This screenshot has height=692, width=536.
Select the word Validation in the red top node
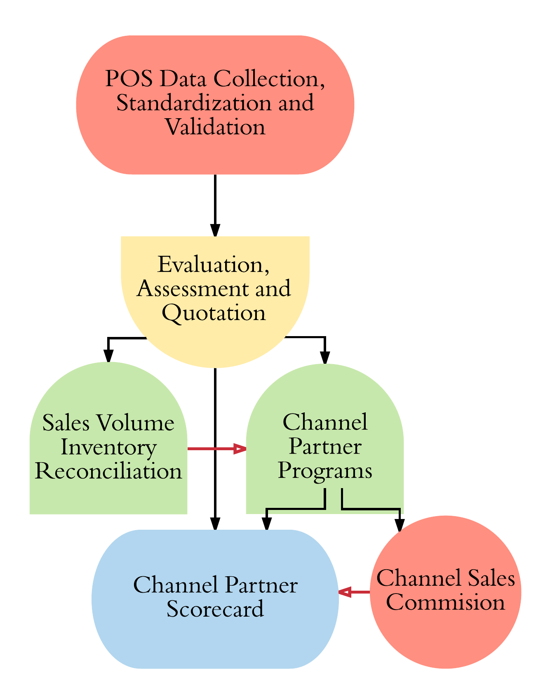(215, 127)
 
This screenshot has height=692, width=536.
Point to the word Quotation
(214, 313)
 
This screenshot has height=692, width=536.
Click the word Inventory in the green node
(108, 447)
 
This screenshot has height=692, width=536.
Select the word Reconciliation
(108, 471)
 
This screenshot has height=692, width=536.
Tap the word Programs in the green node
(325, 470)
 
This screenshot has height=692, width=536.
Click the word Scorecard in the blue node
(215, 609)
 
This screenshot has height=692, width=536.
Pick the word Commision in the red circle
(445, 603)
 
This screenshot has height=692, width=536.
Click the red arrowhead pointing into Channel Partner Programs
(240, 449)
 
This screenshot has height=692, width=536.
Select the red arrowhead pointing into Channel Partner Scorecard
(344, 592)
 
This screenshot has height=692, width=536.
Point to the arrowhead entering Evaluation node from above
(215, 230)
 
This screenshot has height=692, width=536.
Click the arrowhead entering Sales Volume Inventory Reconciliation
(108, 355)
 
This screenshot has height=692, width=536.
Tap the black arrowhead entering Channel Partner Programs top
(325, 358)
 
